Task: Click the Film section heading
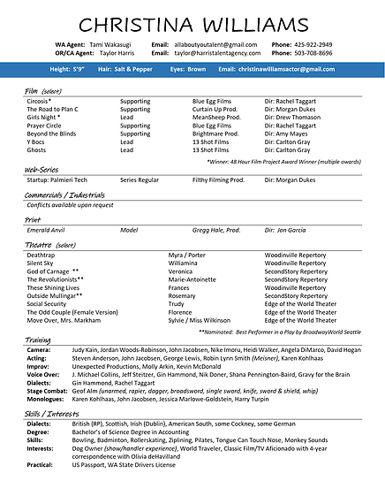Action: point(33,90)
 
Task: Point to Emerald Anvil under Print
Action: point(47,229)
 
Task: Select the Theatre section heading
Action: point(39,243)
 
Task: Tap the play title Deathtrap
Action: point(42,255)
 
